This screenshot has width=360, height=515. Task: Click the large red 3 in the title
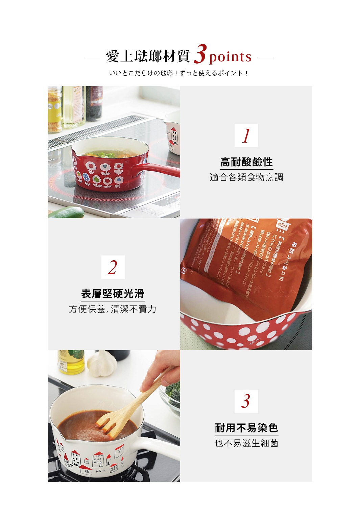click(x=200, y=54)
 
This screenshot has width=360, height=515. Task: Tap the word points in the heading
click(x=230, y=57)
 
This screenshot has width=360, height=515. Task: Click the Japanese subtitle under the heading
click(x=179, y=73)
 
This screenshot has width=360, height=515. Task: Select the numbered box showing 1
click(x=246, y=136)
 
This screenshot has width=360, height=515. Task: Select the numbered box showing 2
click(x=113, y=267)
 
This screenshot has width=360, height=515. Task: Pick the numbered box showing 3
click(x=246, y=401)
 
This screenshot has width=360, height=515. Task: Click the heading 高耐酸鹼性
click(x=246, y=162)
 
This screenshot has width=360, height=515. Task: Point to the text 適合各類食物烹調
click(x=246, y=177)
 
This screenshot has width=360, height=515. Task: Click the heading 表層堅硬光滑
click(x=113, y=294)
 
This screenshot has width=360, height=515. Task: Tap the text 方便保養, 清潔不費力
click(x=113, y=309)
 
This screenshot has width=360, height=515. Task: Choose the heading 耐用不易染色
click(x=246, y=428)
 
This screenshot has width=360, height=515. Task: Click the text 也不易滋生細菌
click(x=246, y=443)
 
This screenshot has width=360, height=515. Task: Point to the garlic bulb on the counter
click(x=101, y=364)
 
